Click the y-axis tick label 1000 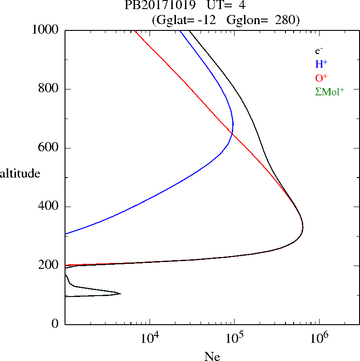[46, 30]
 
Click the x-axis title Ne [212, 356]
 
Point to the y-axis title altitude [20, 173]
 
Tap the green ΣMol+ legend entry [330, 91]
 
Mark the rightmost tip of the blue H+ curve [233, 124]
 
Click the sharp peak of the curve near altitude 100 [120, 293]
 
